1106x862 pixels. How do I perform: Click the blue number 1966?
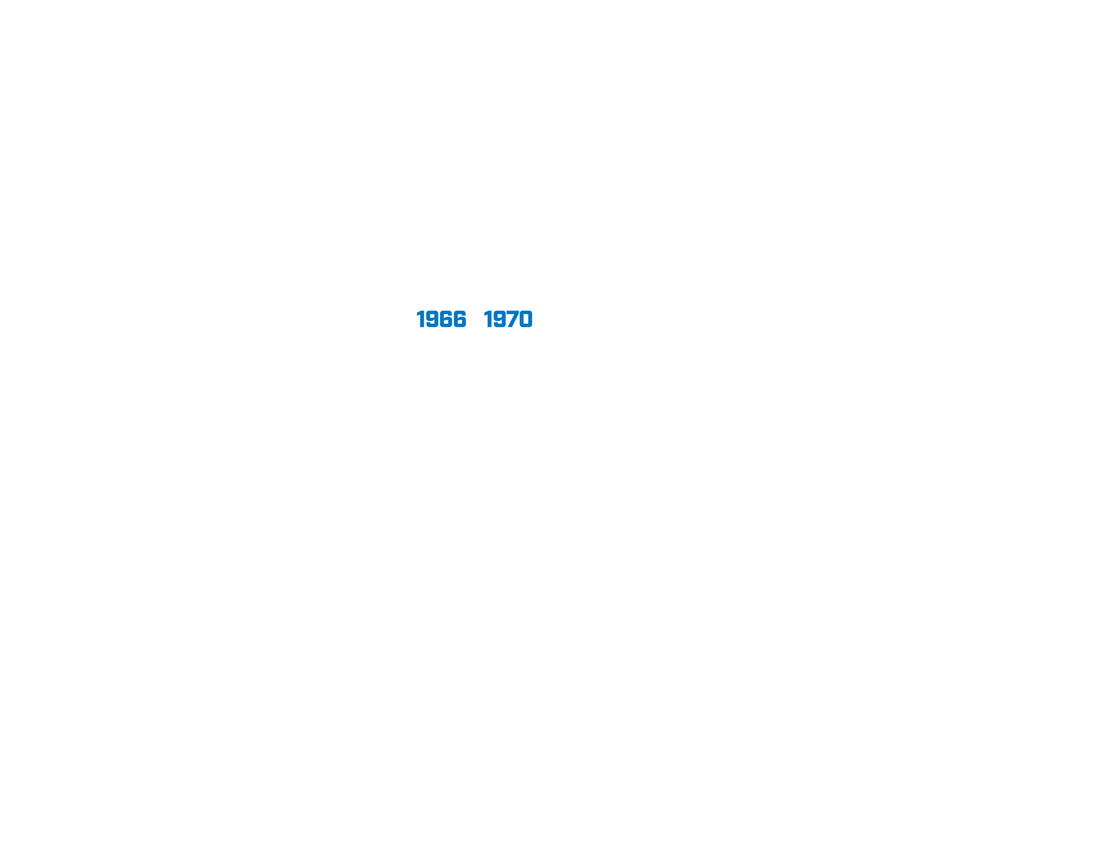point(441,319)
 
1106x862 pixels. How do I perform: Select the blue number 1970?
point(508,319)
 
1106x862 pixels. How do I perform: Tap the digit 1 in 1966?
point(421,319)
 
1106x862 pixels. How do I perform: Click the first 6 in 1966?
point(447,319)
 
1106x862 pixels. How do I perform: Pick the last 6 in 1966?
point(460,319)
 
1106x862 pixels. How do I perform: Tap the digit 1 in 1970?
point(488,319)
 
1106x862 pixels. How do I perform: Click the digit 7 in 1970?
point(513,319)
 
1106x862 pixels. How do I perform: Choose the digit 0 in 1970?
point(526,319)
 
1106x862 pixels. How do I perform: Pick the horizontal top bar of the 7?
point(513,312)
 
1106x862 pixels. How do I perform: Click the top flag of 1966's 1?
point(419,313)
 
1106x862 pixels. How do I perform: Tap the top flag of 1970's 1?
point(486,313)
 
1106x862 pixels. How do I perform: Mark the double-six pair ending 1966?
point(453,319)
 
